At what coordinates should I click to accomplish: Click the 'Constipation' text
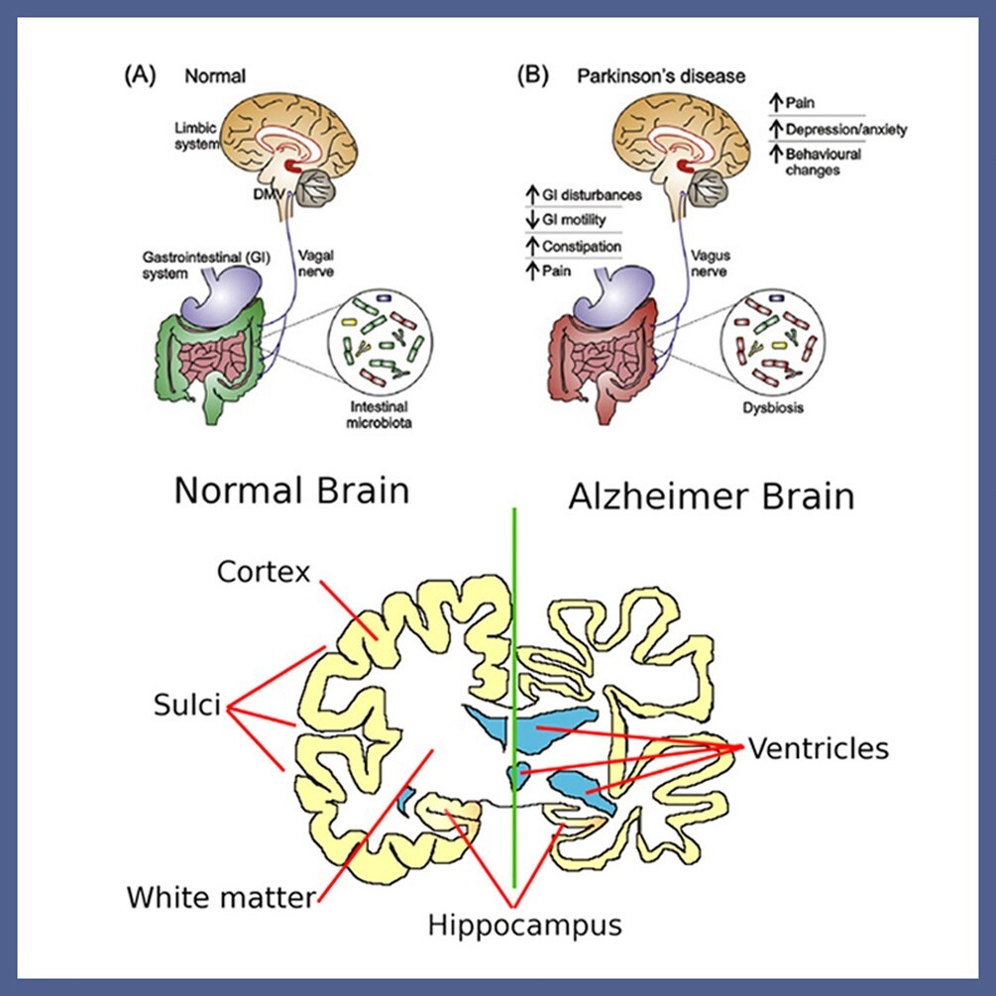pyautogui.click(x=583, y=245)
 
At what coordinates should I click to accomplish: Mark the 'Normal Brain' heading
pyautogui.click(x=291, y=491)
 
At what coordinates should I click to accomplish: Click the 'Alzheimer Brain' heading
pyautogui.click(x=711, y=495)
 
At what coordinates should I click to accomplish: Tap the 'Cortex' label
pyautogui.click(x=263, y=573)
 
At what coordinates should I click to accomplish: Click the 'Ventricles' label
pyautogui.click(x=818, y=748)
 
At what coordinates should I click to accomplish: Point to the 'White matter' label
pyautogui.click(x=220, y=898)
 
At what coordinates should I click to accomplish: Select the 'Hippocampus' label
pyautogui.click(x=524, y=925)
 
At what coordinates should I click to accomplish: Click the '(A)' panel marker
pyautogui.click(x=139, y=75)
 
